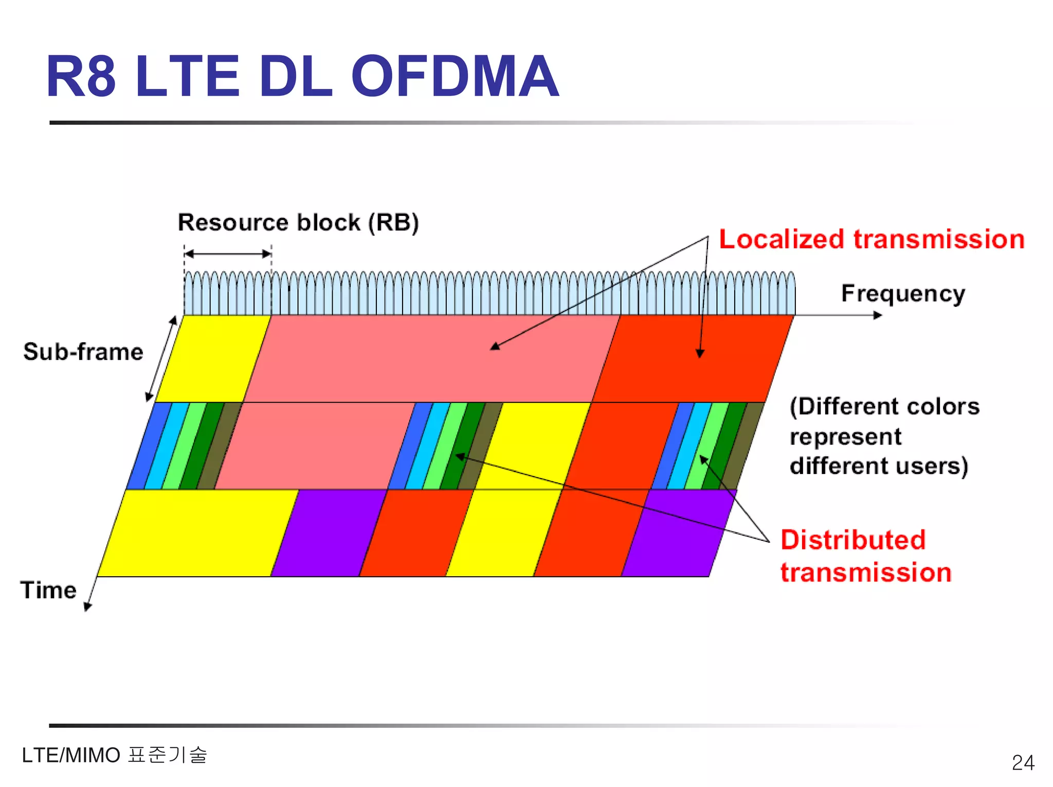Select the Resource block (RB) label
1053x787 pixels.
298,223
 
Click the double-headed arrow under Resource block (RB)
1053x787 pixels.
227,253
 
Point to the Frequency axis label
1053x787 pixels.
902,294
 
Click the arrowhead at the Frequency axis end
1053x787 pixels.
878,315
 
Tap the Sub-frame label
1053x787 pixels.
83,352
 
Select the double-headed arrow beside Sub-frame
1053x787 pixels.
160,359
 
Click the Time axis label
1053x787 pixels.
48,590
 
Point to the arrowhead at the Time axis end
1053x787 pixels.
87,607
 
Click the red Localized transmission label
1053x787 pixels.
872,240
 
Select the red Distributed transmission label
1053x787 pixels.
865,556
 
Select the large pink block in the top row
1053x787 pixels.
432,359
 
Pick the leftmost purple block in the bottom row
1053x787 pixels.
329,533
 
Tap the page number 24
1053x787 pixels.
1023,762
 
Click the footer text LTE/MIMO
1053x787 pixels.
71,755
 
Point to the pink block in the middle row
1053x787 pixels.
314,446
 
